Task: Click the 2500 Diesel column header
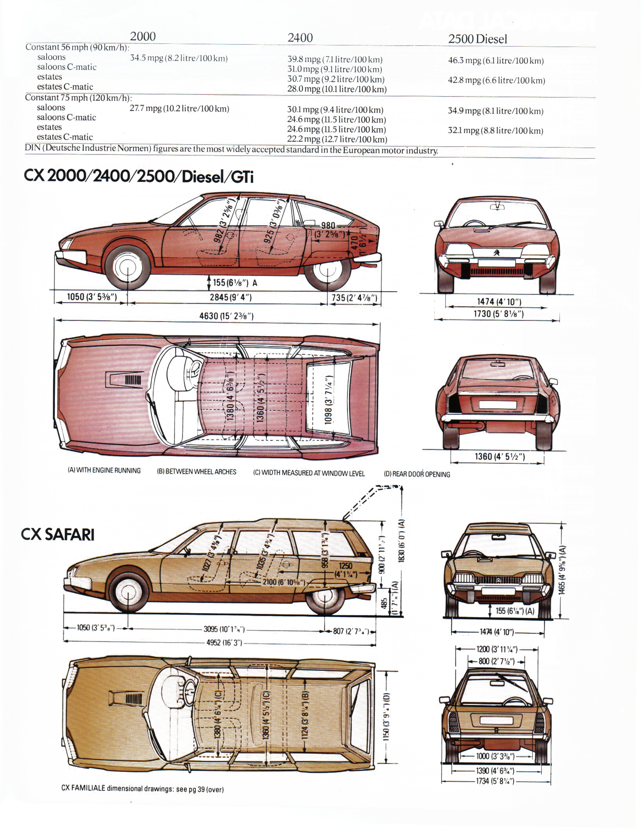pyautogui.click(x=477, y=39)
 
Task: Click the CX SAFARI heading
pyautogui.click(x=58, y=535)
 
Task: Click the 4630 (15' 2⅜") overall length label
pyautogui.click(x=226, y=316)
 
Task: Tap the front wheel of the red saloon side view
pyautogui.click(x=128, y=268)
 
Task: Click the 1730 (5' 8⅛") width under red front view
pyautogui.click(x=498, y=314)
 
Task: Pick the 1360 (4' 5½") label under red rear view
pyautogui.click(x=500, y=456)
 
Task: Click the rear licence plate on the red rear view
pyautogui.click(x=498, y=404)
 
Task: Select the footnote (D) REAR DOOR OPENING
pyautogui.click(x=417, y=474)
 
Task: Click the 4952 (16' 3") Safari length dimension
pyautogui.click(x=224, y=643)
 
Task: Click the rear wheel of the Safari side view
pyautogui.click(x=325, y=596)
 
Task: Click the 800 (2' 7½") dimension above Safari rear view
pyautogui.click(x=496, y=661)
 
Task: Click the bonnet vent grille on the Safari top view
pyautogui.click(x=134, y=699)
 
